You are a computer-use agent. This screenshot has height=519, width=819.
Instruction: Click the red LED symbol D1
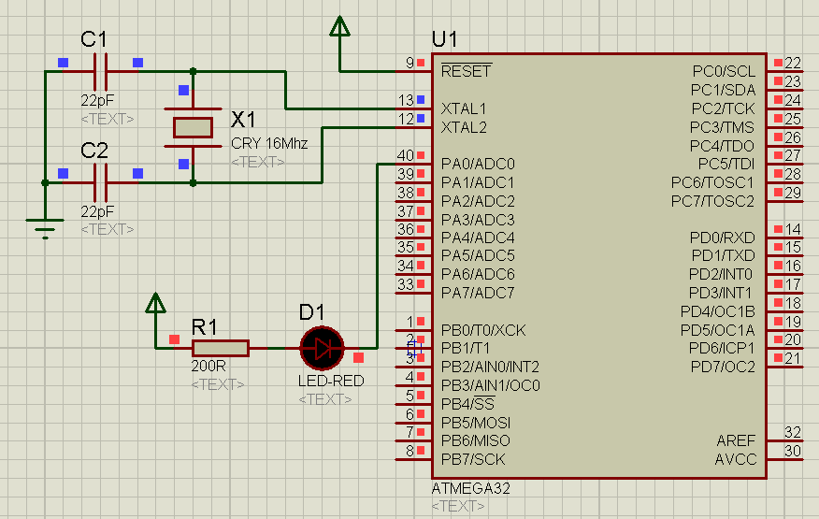(323, 349)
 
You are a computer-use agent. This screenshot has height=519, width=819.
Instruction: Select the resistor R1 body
(220, 349)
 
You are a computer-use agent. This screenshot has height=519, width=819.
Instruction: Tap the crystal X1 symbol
(194, 127)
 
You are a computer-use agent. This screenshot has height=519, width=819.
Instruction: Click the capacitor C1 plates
(101, 70)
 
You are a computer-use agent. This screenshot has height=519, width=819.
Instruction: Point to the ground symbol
(44, 226)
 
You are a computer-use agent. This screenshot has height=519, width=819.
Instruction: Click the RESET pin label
(466, 71)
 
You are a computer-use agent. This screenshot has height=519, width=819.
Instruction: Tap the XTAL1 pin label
(464, 108)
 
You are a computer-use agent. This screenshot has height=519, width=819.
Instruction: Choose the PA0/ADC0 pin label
(478, 164)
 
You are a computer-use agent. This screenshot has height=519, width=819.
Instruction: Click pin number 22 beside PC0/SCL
(793, 64)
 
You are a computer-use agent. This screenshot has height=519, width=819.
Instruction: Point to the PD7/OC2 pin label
(723, 366)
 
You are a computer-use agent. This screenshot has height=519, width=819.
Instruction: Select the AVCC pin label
(736, 459)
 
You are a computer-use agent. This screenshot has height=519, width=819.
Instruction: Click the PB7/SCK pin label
(474, 459)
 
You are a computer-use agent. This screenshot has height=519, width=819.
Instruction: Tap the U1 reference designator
(445, 39)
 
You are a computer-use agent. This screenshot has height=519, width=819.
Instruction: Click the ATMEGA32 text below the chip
(471, 488)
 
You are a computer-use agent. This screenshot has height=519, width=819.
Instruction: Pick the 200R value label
(207, 368)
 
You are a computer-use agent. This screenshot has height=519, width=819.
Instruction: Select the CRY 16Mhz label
(269, 144)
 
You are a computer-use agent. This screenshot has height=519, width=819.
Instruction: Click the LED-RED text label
(331, 382)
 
